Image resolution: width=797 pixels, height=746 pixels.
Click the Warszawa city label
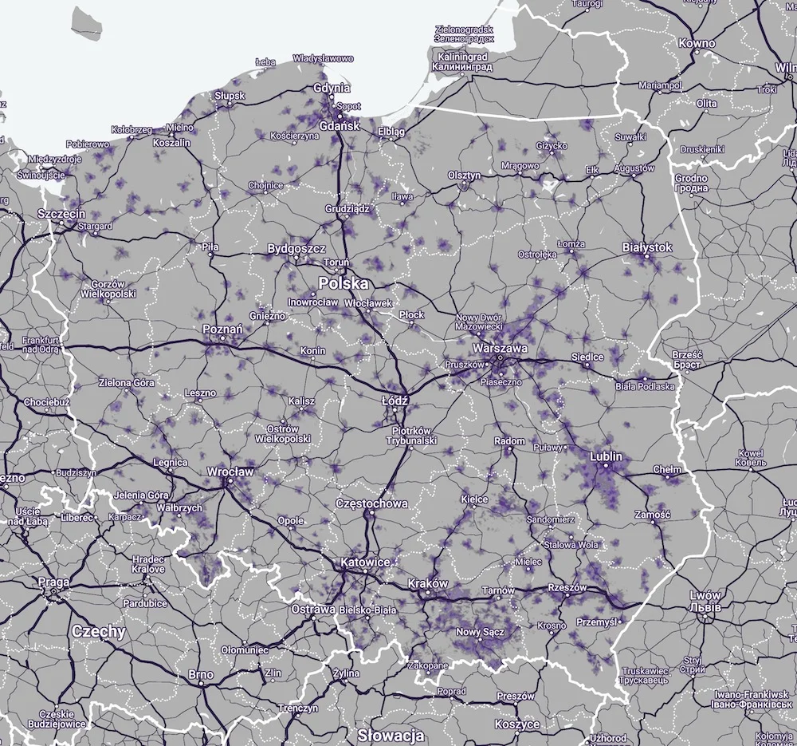500,349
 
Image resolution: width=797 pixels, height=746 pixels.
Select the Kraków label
428,583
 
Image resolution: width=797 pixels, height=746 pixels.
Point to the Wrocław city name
230,472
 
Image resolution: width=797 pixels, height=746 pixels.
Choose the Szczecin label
62,214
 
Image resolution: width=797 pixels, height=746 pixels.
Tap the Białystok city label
647,248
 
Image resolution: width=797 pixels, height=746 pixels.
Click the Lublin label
606,457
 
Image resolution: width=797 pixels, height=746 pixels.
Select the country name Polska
344,283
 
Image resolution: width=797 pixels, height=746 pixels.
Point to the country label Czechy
99,631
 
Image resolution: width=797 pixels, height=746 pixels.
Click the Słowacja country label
391,735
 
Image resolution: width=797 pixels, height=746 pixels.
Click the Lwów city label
705,595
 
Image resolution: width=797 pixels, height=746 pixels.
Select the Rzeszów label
567,588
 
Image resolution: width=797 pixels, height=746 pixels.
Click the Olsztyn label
464,176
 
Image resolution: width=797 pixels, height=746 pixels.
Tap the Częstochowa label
372,503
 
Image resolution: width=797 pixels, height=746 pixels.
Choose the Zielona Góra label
126,383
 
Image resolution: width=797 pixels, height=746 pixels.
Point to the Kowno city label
697,43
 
